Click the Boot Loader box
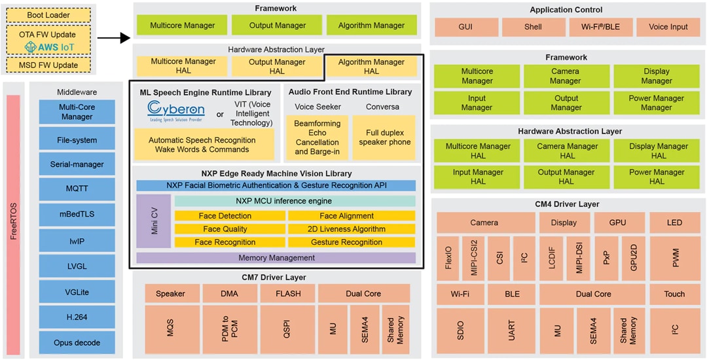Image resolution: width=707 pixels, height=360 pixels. click(x=49, y=15)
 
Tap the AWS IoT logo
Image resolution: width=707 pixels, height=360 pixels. click(x=49, y=47)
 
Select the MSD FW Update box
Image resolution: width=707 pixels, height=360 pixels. click(x=49, y=65)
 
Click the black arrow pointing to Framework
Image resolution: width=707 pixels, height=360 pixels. click(x=115, y=38)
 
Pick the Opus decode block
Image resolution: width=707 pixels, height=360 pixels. click(x=77, y=342)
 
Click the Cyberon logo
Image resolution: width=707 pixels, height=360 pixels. click(x=176, y=110)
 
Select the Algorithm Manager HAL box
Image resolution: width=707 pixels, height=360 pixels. click(x=371, y=67)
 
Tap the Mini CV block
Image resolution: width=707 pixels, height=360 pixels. click(x=154, y=221)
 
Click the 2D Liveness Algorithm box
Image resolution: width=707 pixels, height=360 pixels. click(x=351, y=229)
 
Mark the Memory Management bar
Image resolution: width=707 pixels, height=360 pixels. click(x=276, y=258)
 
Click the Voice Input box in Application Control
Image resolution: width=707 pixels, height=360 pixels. click(x=668, y=27)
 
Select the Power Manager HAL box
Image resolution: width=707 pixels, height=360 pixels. click(x=657, y=177)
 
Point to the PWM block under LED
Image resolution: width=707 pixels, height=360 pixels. click(x=675, y=259)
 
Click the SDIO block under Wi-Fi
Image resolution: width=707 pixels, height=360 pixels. click(x=460, y=331)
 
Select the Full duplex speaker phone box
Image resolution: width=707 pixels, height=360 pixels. click(x=384, y=137)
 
